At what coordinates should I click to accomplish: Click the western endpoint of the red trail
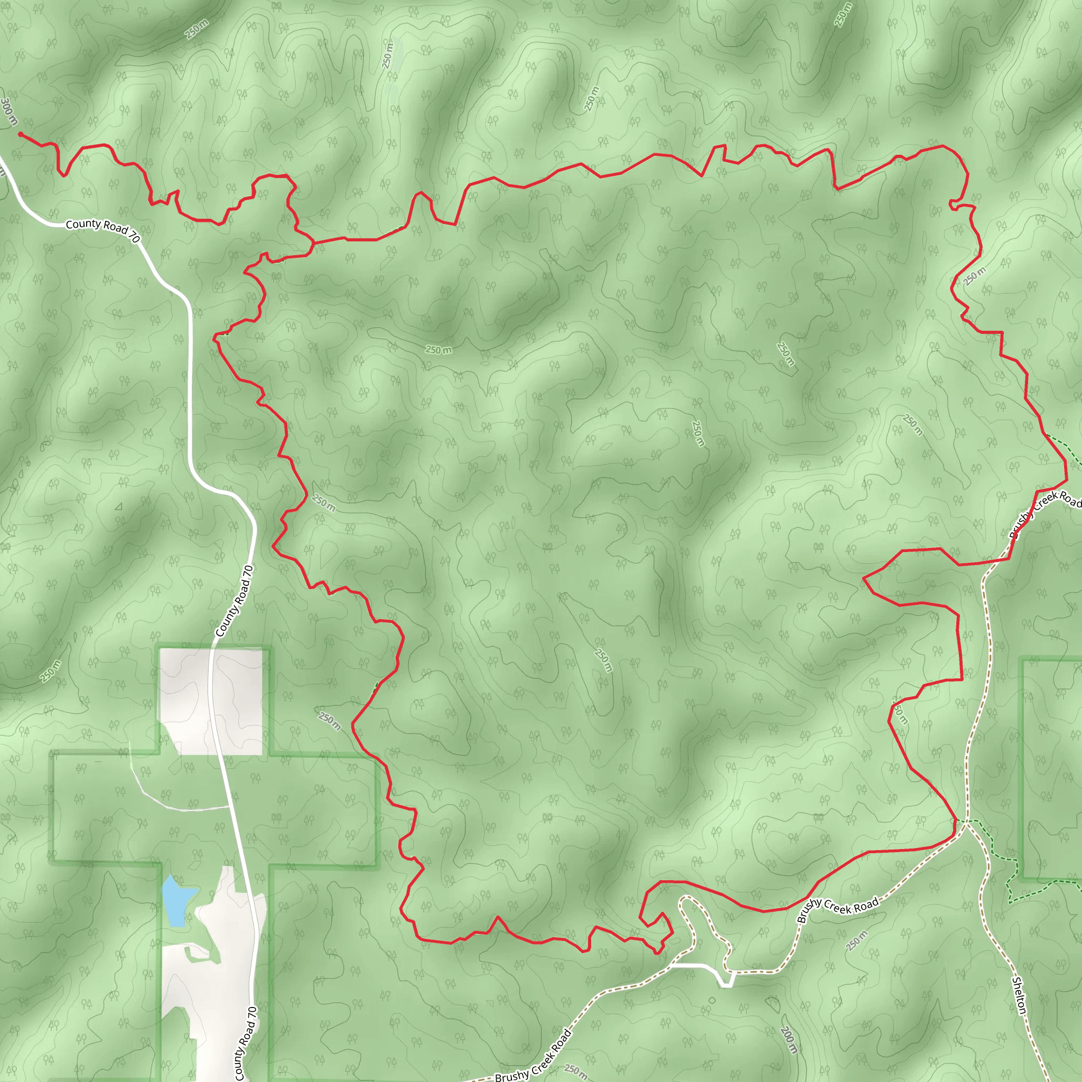tap(20, 134)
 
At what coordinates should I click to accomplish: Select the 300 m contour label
tap(9, 112)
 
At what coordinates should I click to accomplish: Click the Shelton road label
tap(1019, 995)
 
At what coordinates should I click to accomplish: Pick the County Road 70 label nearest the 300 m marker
tap(102, 229)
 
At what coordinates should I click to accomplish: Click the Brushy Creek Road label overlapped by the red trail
tap(1045, 512)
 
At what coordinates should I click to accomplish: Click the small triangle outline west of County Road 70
tap(118, 507)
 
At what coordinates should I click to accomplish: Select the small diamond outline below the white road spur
tap(712, 1000)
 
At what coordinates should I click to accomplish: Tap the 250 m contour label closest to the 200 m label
tap(856, 940)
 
